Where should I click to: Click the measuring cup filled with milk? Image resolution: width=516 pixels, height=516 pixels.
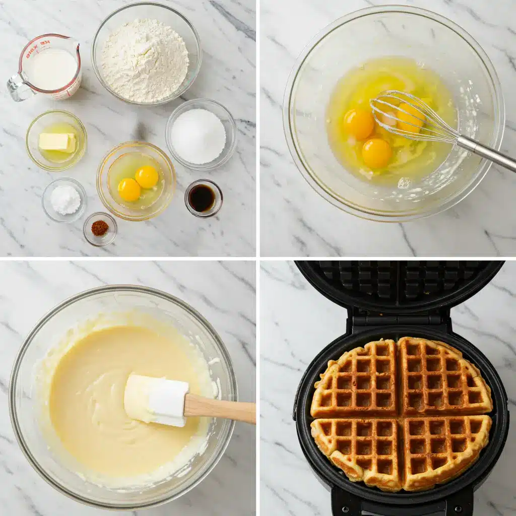click(50, 68)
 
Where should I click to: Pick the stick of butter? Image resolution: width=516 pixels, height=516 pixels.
click(56, 142)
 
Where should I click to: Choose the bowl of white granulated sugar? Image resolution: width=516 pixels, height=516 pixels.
click(199, 135)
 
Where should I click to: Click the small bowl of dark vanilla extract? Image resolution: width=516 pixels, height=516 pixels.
click(203, 198)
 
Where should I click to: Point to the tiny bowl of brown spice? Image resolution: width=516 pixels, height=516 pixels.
click(100, 228)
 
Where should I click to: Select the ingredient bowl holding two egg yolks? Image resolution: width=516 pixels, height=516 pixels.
click(137, 181)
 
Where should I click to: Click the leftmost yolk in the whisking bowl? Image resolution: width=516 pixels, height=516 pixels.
click(358, 124)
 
